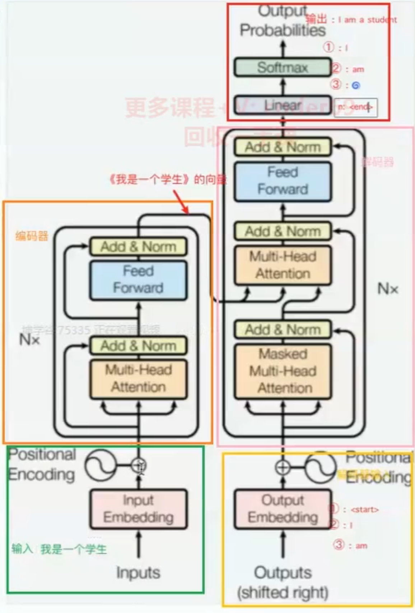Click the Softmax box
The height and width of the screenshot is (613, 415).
[283, 67]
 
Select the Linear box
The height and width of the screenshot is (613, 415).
[283, 105]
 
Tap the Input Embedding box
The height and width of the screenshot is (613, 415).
[138, 509]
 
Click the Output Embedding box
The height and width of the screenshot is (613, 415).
[283, 509]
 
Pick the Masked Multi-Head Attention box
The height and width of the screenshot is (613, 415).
[283, 371]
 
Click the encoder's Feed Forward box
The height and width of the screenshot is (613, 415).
[138, 280]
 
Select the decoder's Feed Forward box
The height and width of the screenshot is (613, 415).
[283, 181]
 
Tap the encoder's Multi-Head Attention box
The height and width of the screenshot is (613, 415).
[138, 379]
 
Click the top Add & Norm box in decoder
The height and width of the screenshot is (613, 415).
[283, 147]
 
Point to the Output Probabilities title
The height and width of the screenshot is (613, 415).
[283, 22]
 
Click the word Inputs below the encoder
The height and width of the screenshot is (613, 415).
[138, 572]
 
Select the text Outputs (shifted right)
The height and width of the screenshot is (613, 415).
[283, 582]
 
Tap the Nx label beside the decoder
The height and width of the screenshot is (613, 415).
[388, 289]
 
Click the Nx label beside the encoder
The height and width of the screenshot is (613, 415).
[29, 339]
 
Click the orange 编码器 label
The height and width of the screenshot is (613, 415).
[32, 236]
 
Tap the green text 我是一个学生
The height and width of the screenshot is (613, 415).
[74, 549]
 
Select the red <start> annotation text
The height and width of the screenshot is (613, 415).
[364, 510]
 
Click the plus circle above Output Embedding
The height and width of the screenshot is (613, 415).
[283, 467]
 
